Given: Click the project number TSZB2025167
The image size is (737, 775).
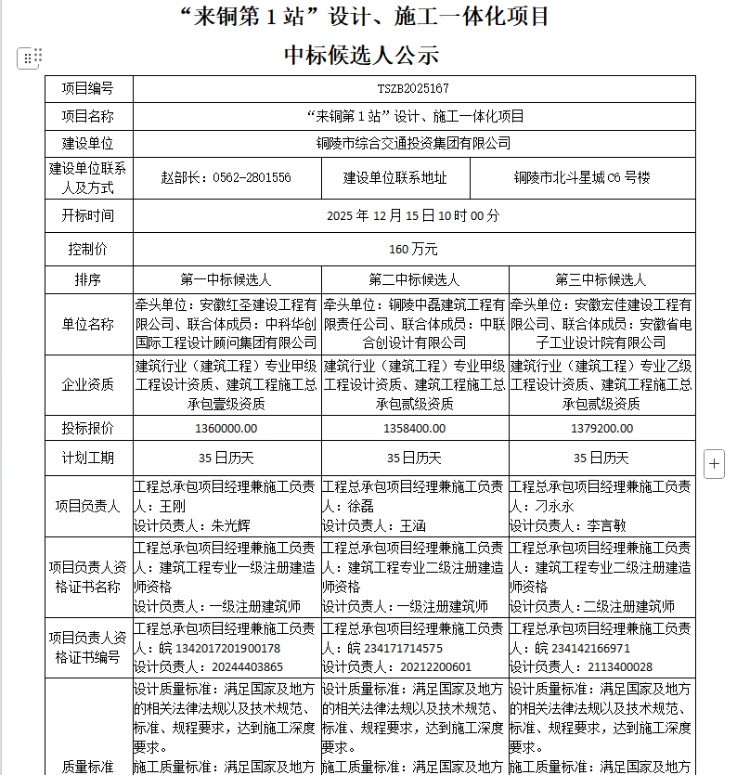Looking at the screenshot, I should (414, 88).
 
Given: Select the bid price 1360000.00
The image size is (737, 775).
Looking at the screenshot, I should (226, 428).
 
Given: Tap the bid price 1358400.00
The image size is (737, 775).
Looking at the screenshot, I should (414, 428).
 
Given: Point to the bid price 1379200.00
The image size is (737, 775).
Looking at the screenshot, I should (601, 428).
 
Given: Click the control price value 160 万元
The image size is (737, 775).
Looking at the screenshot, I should (414, 249).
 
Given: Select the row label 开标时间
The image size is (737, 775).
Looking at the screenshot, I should (89, 215).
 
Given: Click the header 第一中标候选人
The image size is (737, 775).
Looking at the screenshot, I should (226, 278).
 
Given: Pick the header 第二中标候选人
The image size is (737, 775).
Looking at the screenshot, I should (414, 278).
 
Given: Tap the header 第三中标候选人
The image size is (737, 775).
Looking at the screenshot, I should (601, 278).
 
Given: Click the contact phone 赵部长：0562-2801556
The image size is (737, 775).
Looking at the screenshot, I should (226, 177).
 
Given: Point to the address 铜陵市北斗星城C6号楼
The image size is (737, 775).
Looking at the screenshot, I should (582, 177).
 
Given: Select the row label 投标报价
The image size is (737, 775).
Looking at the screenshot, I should (89, 428).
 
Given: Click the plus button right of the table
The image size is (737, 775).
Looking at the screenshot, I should (714, 463).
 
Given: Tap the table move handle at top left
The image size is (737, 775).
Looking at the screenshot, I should (28, 58).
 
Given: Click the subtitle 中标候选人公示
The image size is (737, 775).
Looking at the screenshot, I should (362, 55).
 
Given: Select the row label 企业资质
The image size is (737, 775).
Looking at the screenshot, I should (89, 384).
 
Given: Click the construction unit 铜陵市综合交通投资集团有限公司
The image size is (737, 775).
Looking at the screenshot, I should (414, 143).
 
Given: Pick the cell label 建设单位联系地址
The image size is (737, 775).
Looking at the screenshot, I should (395, 177).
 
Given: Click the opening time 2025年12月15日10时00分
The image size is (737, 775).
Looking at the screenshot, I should (414, 215).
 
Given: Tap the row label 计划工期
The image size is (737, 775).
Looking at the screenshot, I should (89, 458).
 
